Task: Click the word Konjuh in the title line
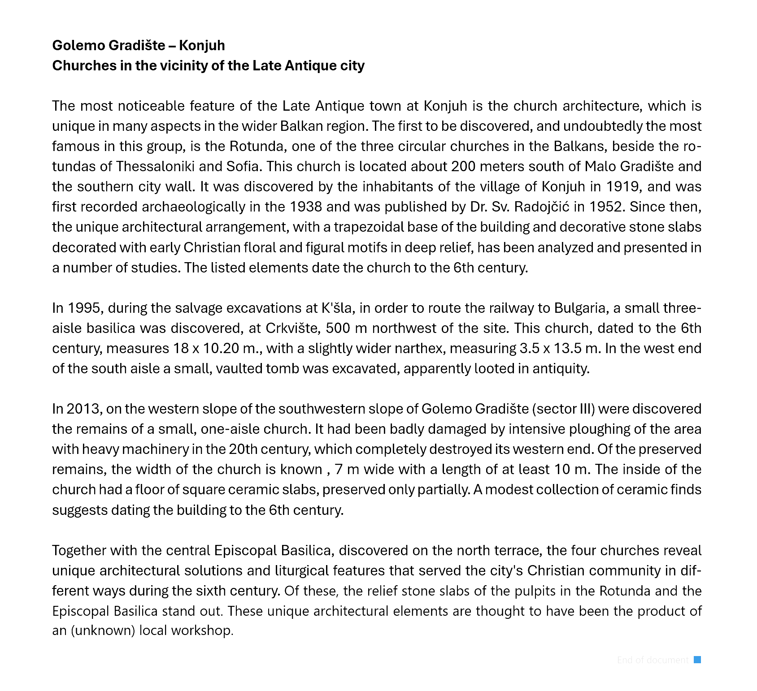pos(202,45)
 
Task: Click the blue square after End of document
pos(697,660)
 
